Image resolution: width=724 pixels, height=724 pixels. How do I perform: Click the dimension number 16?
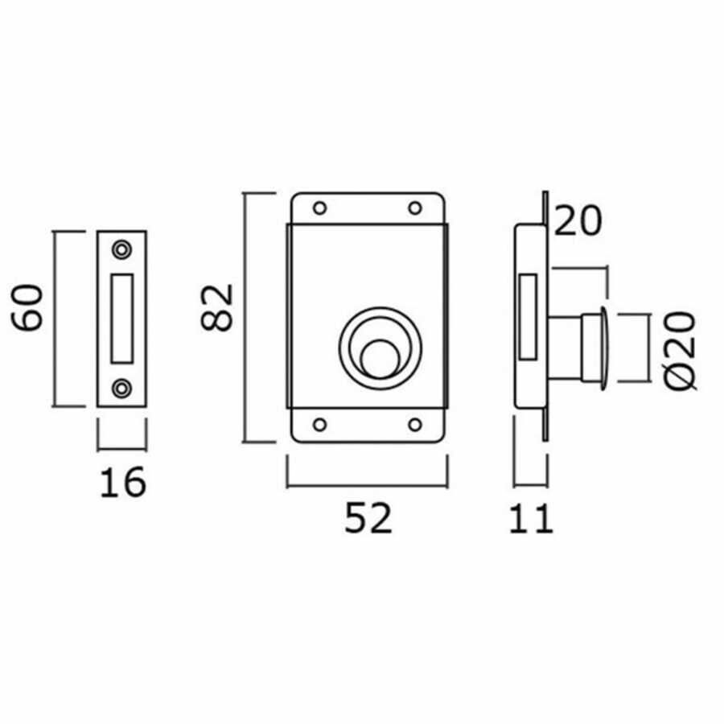[123, 482]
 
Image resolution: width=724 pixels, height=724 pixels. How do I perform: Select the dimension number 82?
[217, 306]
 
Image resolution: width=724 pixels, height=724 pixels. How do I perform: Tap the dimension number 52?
[368, 519]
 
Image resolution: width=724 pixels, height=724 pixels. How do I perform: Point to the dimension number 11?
[532, 519]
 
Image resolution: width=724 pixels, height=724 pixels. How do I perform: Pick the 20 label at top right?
[578, 222]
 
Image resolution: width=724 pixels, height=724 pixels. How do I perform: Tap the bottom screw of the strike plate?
[122, 389]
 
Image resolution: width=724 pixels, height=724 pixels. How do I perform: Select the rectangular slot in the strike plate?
[123, 318]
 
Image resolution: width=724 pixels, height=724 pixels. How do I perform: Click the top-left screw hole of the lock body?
[319, 208]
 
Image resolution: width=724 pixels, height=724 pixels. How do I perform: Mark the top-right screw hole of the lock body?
[415, 208]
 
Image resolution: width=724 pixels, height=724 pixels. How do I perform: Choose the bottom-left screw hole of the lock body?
[319, 424]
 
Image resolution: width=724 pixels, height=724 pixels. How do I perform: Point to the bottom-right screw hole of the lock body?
[415, 424]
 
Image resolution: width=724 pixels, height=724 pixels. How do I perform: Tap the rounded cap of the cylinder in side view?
[605, 345]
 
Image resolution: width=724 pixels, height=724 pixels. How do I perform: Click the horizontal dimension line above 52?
[368, 485]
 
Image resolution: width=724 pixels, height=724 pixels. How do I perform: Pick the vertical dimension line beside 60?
[54, 318]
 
